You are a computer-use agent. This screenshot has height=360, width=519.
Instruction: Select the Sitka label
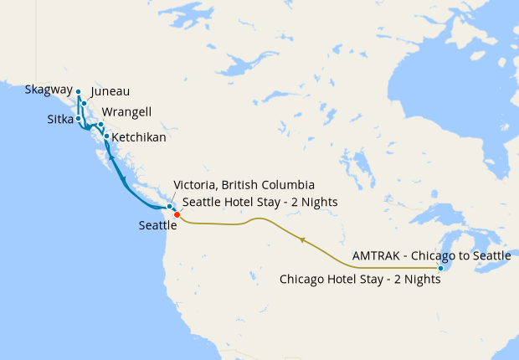(x=60, y=120)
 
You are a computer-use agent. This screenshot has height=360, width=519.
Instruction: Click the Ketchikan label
(x=139, y=136)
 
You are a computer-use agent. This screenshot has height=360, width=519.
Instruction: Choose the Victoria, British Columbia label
(x=244, y=184)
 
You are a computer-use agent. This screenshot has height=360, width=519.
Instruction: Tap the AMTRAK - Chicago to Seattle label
(x=431, y=255)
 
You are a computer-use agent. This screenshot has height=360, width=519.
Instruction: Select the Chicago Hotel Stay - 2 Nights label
(x=360, y=280)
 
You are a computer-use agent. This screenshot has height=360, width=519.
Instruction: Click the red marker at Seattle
(x=177, y=215)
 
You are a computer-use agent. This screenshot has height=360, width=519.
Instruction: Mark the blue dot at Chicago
(x=440, y=268)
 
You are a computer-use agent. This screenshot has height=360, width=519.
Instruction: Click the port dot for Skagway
(x=78, y=92)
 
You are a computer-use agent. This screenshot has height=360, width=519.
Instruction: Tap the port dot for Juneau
(x=84, y=104)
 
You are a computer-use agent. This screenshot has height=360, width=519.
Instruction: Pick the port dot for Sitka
(x=78, y=118)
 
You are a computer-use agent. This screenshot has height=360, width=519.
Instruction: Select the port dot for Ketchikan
(x=106, y=136)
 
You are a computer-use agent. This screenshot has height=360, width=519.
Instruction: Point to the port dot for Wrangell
(x=100, y=125)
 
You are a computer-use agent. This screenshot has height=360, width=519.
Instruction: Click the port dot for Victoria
(x=169, y=206)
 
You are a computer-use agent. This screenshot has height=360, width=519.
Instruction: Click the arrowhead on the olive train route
(x=302, y=240)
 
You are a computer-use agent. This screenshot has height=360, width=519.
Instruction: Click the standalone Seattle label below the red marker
(x=157, y=225)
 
